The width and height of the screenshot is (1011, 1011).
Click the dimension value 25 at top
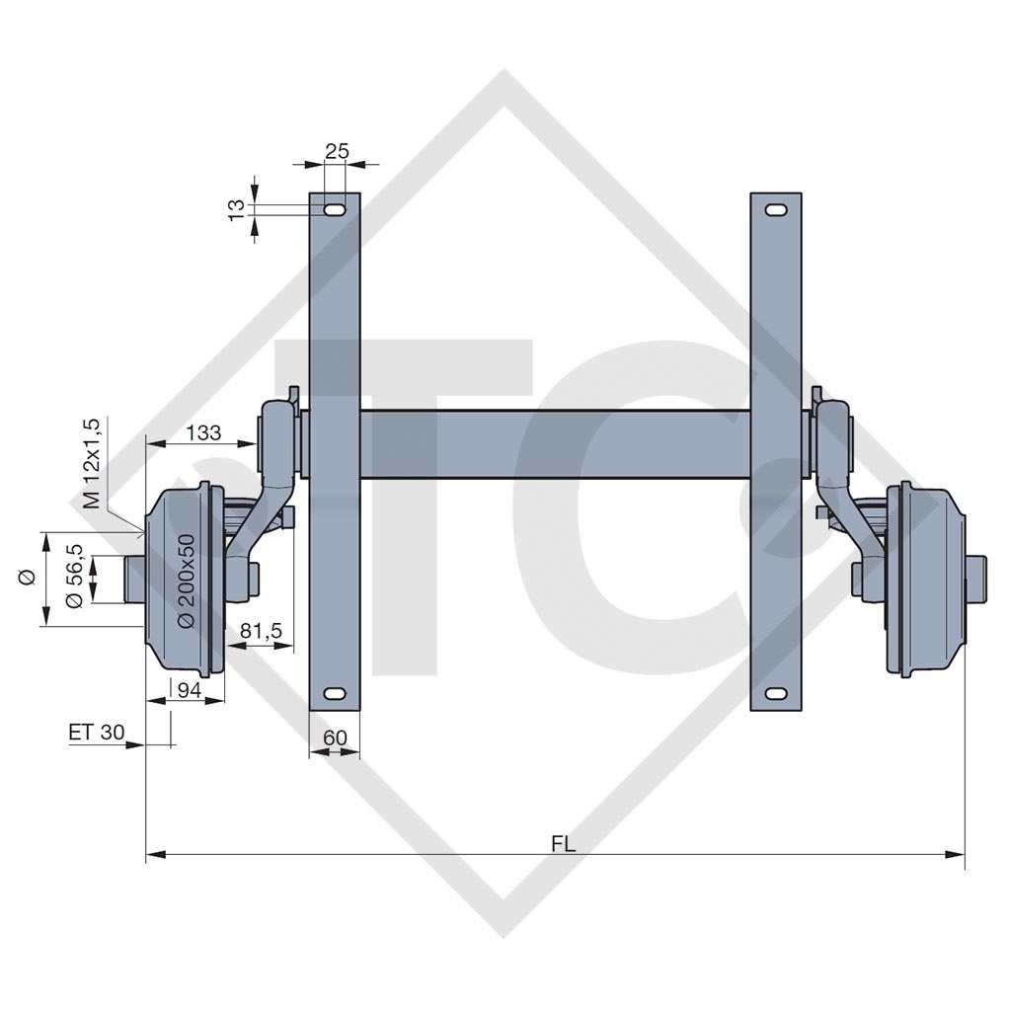coord(337,151)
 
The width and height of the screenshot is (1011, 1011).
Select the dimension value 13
coord(236,208)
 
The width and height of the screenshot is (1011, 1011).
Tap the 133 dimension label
coord(202,432)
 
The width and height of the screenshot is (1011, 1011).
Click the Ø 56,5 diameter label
coord(73,578)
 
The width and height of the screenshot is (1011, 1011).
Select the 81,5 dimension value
coord(261,629)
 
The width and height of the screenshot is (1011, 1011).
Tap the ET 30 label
coord(97,732)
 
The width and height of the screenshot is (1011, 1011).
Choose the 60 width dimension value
coord(335,738)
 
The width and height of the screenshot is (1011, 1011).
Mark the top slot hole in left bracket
coord(335,210)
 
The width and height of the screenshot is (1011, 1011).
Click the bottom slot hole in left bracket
coord(335,692)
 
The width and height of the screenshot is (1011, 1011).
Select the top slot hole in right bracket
coord(776,210)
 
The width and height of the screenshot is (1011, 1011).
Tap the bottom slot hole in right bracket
coord(776,692)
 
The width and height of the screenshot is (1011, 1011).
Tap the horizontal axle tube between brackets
coord(553,444)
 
